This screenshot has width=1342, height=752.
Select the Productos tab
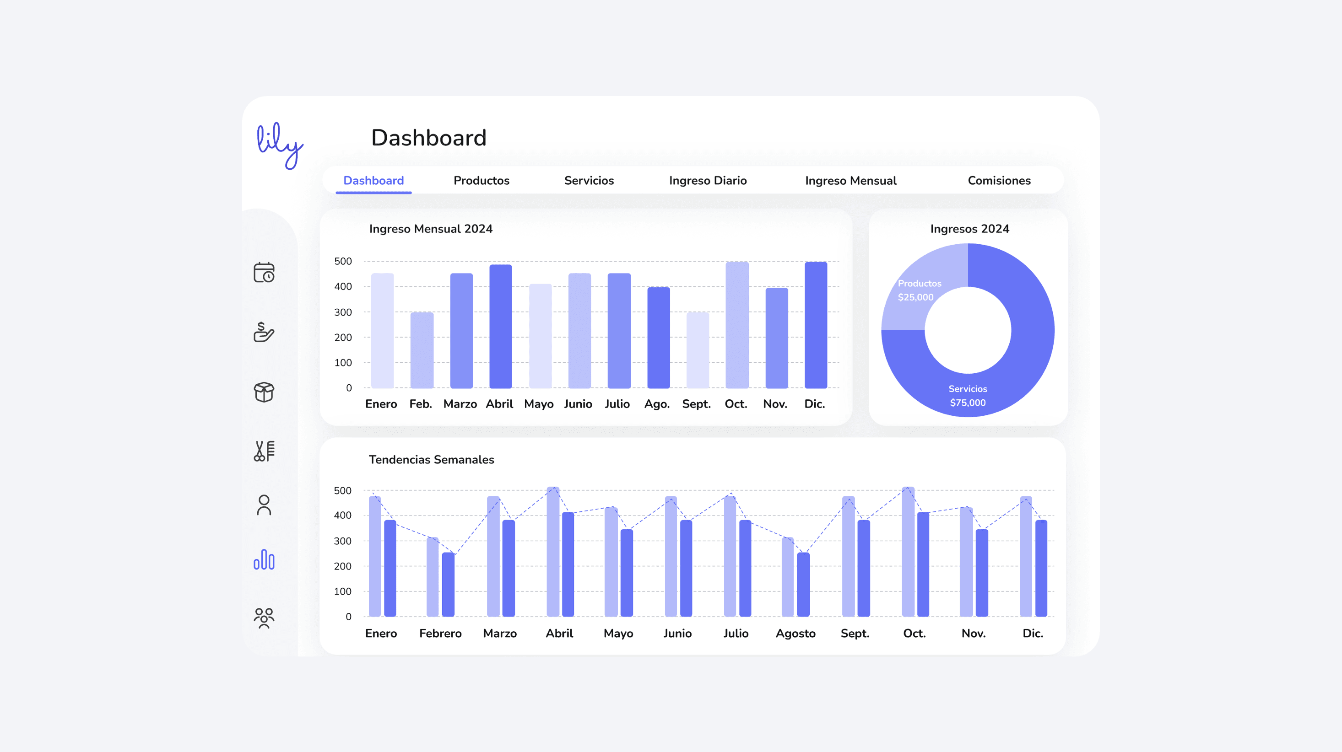click(x=481, y=181)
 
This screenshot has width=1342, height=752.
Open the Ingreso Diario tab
click(x=708, y=181)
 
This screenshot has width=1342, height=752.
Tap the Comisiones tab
click(x=999, y=181)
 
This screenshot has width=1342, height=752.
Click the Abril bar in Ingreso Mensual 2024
click(x=500, y=327)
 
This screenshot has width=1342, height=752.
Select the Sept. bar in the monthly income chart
click(x=697, y=350)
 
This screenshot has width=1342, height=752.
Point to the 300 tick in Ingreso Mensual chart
click(x=343, y=312)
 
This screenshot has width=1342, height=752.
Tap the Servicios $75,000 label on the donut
click(x=968, y=396)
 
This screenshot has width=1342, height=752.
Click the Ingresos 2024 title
click(x=969, y=229)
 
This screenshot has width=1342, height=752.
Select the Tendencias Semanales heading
click(x=431, y=460)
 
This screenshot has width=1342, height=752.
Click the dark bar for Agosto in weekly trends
click(x=803, y=584)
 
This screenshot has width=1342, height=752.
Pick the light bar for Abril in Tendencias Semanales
click(x=553, y=552)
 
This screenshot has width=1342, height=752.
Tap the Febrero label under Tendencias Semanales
click(x=440, y=633)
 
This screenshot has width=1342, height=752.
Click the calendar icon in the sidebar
click(x=264, y=272)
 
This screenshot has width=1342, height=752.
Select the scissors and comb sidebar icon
click(x=264, y=451)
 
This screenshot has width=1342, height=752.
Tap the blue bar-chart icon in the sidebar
click(x=264, y=560)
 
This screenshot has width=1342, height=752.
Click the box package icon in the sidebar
click(x=264, y=392)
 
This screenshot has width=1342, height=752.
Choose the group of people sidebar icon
click(x=264, y=618)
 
